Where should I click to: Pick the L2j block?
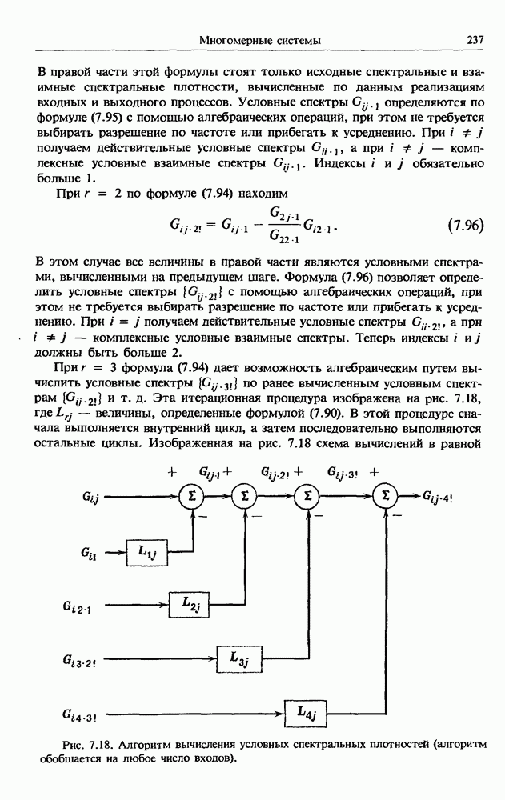click(x=190, y=605)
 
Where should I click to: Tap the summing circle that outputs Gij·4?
click(x=387, y=497)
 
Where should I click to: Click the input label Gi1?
click(x=90, y=552)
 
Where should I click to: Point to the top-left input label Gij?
click(x=90, y=498)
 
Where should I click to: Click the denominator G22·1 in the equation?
click(x=283, y=236)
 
